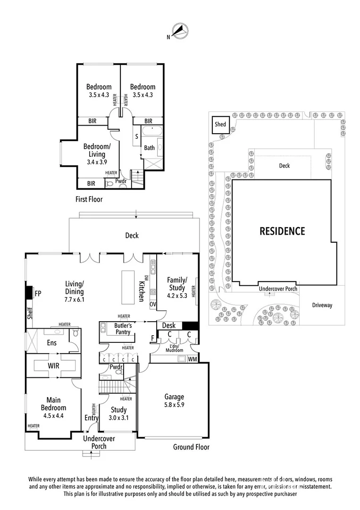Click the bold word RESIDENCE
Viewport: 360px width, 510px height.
282,231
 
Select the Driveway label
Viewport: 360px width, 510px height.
322,305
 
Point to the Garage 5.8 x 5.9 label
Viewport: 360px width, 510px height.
174,400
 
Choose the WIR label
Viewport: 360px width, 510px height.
53,365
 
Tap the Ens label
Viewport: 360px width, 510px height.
51,342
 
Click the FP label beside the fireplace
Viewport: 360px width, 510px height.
38,293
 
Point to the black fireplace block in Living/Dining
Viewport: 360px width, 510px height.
29,293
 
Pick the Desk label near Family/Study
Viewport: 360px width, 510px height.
168,326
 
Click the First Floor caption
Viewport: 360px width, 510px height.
89,199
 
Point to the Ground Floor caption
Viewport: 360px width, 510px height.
191,447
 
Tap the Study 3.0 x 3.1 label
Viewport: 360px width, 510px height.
118,414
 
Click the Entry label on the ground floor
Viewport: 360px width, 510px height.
91,418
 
